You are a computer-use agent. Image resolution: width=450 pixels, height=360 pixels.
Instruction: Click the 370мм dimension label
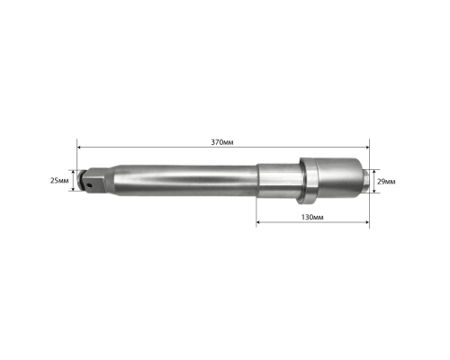click(x=222, y=142)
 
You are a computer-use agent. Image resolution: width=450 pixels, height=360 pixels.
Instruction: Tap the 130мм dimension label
click(x=312, y=217)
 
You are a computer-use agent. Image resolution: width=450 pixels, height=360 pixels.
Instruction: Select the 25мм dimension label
click(x=59, y=181)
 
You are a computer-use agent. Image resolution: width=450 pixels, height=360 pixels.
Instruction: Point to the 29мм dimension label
click(x=386, y=182)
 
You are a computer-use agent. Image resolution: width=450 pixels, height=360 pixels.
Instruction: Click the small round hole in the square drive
click(x=89, y=185)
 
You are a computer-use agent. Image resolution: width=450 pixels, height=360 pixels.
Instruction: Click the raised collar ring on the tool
click(x=308, y=181)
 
